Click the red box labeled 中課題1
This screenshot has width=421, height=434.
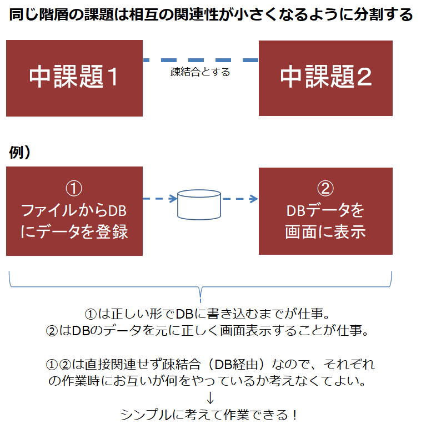74,78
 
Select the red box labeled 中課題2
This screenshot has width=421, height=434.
325,78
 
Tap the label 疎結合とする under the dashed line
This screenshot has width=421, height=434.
200,72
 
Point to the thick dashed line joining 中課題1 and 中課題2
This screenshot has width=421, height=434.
201,59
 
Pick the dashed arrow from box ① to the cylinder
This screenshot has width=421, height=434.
159,198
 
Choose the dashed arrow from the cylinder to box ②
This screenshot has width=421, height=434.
240,198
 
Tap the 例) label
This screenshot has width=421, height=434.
19,153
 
